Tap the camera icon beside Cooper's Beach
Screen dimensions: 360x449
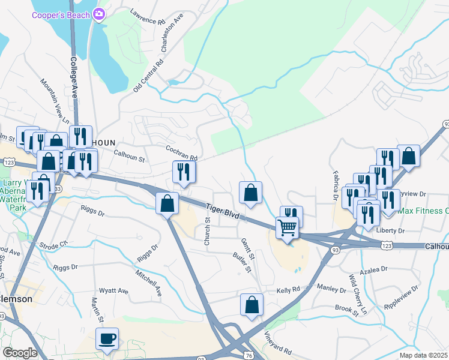[x=100, y=14]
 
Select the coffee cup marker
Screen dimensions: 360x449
[x=107, y=339]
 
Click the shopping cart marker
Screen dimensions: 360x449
[x=287, y=228]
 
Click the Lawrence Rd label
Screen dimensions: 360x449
[x=147, y=16]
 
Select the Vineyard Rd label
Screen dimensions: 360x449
[x=279, y=344]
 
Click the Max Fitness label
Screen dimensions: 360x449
[x=423, y=211]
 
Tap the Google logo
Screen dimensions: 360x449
[x=20, y=353]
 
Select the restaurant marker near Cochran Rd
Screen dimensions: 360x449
[x=184, y=172]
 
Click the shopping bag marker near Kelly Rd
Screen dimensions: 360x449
[x=252, y=305]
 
